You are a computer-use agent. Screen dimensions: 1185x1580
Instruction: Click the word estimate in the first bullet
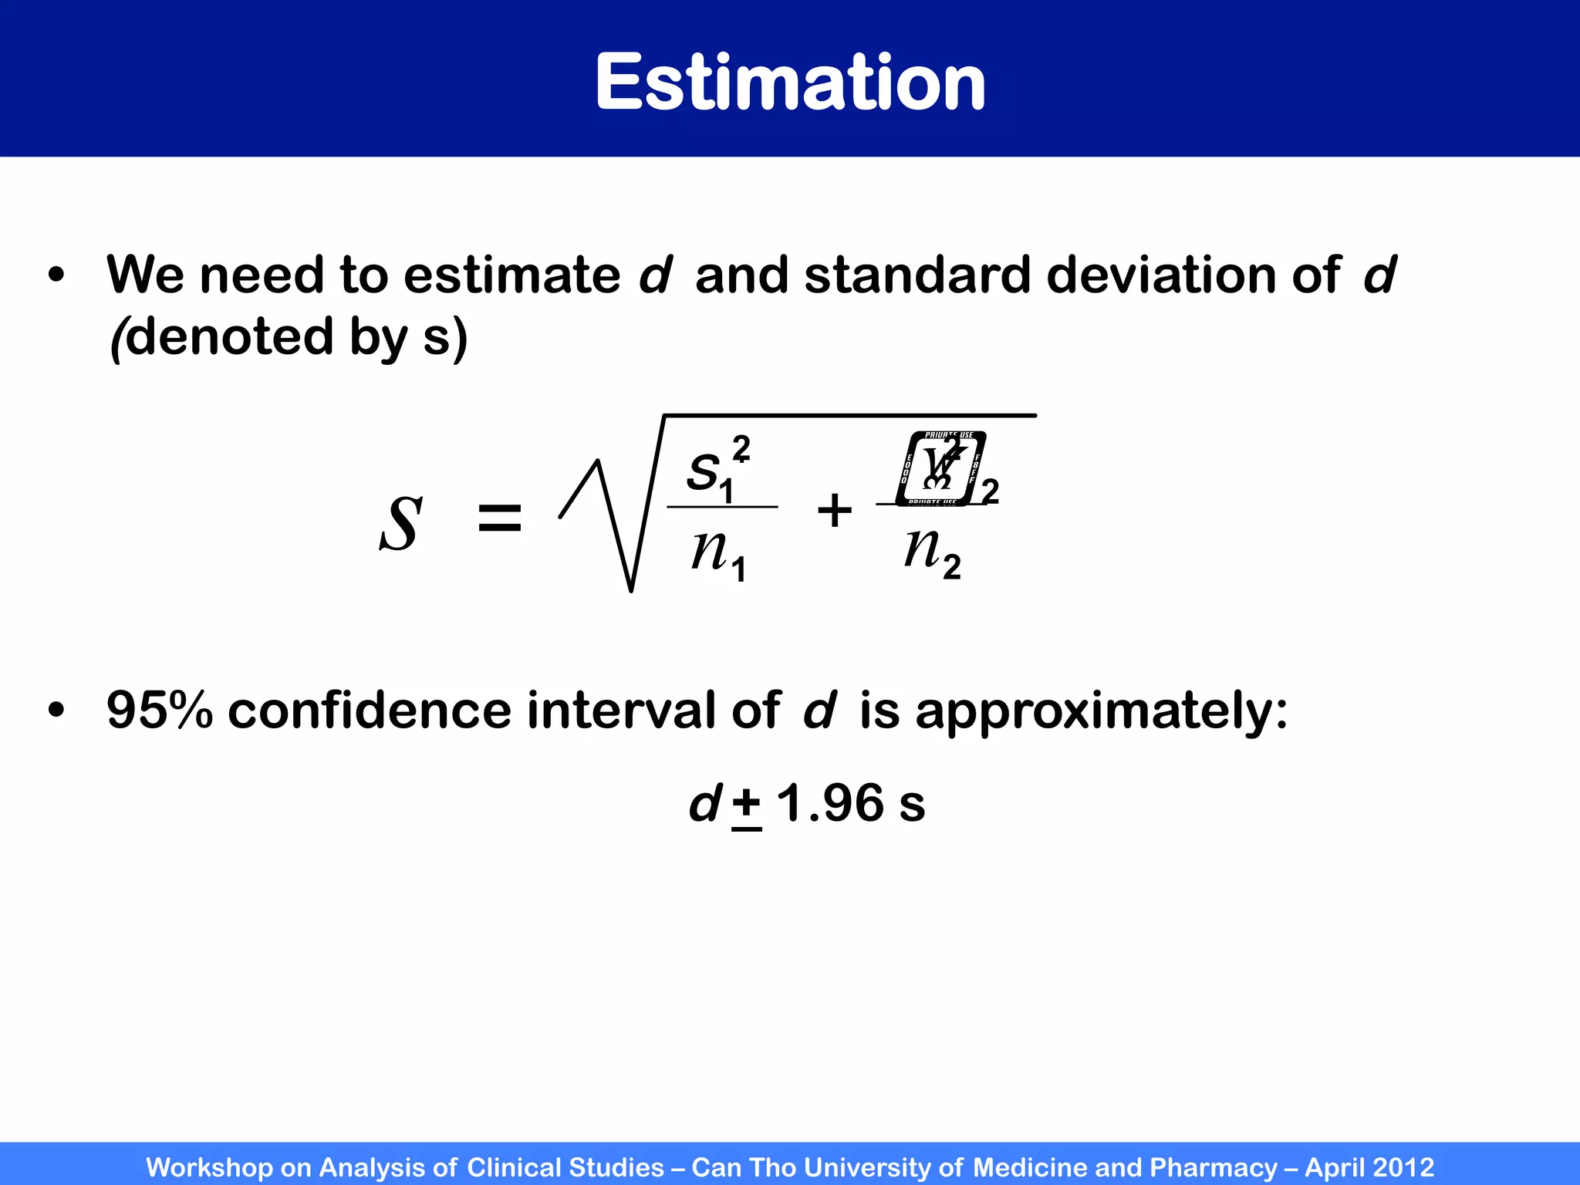(511, 275)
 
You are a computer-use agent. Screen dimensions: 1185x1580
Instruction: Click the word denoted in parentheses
(229, 337)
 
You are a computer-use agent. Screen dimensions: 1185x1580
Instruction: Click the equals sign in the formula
(500, 518)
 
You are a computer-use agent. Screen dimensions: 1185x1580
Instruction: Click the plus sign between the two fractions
(835, 511)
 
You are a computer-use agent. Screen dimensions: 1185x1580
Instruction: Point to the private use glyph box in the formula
(941, 468)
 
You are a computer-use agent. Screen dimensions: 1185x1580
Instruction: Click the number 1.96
(830, 803)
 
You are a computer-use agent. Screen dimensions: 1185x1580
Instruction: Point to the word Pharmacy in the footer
(1213, 1167)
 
